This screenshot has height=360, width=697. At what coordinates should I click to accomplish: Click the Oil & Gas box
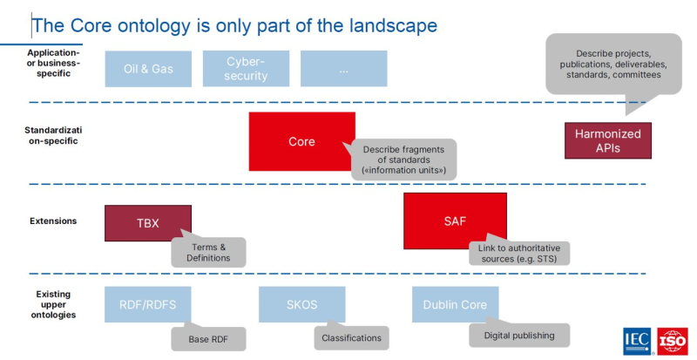click(x=148, y=69)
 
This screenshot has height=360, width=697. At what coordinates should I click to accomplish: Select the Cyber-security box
click(x=246, y=69)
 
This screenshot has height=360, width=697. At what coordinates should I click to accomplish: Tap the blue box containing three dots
click(x=344, y=69)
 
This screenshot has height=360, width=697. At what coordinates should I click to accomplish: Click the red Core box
click(x=301, y=141)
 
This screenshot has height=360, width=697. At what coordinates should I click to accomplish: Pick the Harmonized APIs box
click(x=607, y=140)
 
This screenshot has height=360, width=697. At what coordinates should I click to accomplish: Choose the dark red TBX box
click(x=148, y=222)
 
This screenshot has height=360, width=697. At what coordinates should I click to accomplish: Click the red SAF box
click(x=455, y=221)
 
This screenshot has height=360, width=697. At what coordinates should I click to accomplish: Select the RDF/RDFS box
click(x=148, y=304)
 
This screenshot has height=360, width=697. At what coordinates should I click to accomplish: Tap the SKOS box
click(x=301, y=304)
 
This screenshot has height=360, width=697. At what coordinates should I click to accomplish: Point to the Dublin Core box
click(x=455, y=304)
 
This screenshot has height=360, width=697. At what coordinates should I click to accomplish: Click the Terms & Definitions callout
click(x=208, y=252)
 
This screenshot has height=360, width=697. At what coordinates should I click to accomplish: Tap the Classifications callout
click(x=351, y=337)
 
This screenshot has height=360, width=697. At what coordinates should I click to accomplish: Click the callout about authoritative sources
click(x=518, y=254)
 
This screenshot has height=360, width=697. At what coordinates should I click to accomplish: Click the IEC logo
click(x=637, y=342)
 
